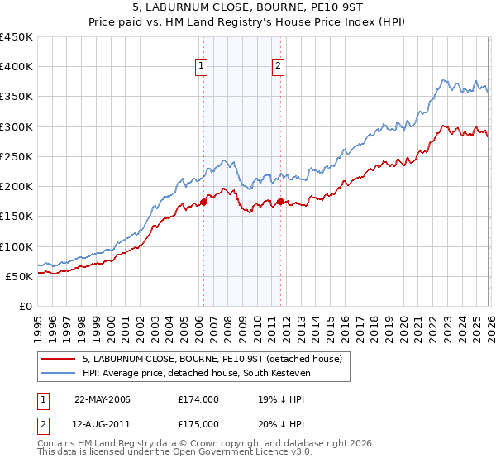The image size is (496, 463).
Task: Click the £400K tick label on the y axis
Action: click(x=17, y=67)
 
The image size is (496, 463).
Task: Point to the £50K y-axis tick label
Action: click(x=20, y=276)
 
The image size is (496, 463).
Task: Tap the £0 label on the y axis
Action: click(x=26, y=306)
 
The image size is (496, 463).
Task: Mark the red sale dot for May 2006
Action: click(x=203, y=202)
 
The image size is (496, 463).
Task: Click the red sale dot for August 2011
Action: click(x=280, y=201)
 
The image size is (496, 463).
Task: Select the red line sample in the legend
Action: click(x=59, y=359)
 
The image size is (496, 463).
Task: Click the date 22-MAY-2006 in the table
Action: click(x=102, y=400)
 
